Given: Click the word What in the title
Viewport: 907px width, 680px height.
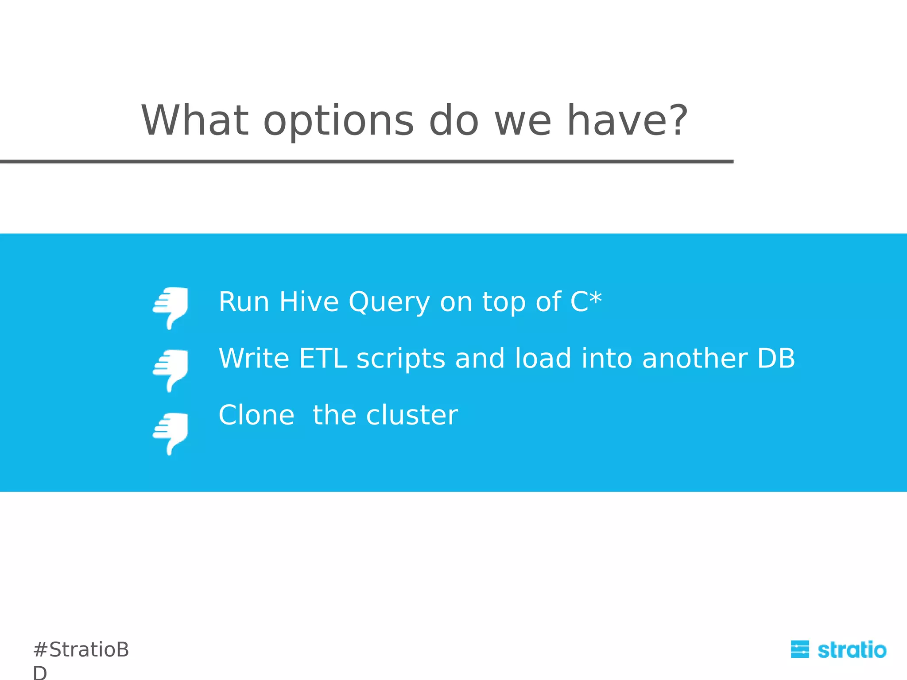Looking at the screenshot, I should coord(195,120).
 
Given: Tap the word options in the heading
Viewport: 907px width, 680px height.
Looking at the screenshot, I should coord(338,121).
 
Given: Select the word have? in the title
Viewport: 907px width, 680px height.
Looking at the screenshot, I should coord(627,120).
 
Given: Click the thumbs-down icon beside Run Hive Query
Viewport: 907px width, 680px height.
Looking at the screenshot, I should coord(171,308).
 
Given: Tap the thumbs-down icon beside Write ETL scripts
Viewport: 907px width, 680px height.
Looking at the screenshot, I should coord(171,370).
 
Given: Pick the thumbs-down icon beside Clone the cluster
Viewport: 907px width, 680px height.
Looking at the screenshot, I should coord(171,433).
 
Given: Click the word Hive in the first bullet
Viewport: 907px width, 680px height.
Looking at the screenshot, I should coord(309,302).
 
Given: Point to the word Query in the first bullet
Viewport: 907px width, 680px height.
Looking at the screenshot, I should coord(389,303).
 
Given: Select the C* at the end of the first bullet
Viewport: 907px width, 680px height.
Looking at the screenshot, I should coord(585,301).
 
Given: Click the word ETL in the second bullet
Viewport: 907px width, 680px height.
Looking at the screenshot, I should coord(323,358).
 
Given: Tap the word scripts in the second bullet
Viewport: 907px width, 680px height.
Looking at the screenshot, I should coord(400,359).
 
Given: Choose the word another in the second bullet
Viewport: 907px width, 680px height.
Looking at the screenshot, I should coord(694,358).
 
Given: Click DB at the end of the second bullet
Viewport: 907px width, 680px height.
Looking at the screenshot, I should coord(776,358).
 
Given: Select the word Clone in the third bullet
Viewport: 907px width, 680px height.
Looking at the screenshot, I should coord(256,415).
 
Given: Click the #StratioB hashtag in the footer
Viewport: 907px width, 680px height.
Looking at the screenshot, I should coord(81,650).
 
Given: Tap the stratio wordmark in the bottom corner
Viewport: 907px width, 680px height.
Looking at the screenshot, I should coord(852,650).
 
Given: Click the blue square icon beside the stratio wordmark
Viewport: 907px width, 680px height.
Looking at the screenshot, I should coord(799,649).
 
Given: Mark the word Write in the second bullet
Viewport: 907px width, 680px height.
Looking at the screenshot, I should coord(254,358).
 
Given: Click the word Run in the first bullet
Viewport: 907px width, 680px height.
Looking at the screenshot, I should coord(244,302).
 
